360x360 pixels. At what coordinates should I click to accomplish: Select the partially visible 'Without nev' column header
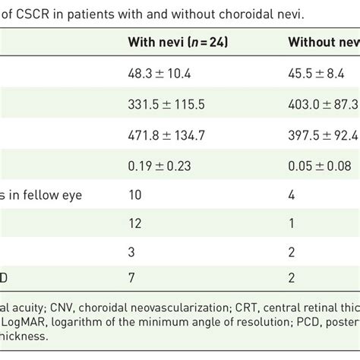tap(323, 41)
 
